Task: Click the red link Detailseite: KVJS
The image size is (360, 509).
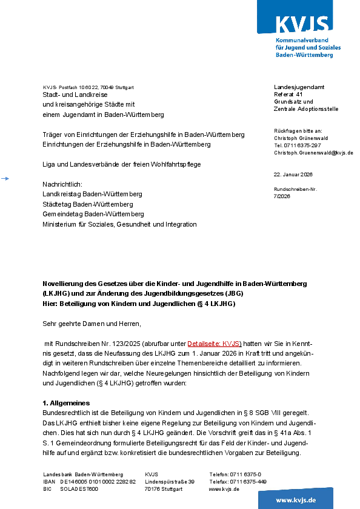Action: point(214,343)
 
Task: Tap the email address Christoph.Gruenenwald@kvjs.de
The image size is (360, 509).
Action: point(313,153)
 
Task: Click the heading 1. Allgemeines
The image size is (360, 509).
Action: point(66,403)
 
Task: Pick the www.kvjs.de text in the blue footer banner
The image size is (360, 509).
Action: point(296,500)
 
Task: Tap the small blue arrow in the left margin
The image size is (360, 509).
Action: point(5,178)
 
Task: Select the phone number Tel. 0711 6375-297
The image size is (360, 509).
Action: point(298,145)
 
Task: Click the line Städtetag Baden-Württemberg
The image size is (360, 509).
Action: point(87,204)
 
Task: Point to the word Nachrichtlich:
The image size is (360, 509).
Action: point(62,184)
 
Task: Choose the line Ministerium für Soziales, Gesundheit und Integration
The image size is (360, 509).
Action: point(119,224)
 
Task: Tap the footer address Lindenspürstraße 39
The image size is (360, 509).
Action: point(170,482)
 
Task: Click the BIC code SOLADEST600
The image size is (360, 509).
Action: point(79,489)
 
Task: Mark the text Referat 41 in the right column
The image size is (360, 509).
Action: point(288,95)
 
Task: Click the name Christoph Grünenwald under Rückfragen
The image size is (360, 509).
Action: point(302,138)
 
